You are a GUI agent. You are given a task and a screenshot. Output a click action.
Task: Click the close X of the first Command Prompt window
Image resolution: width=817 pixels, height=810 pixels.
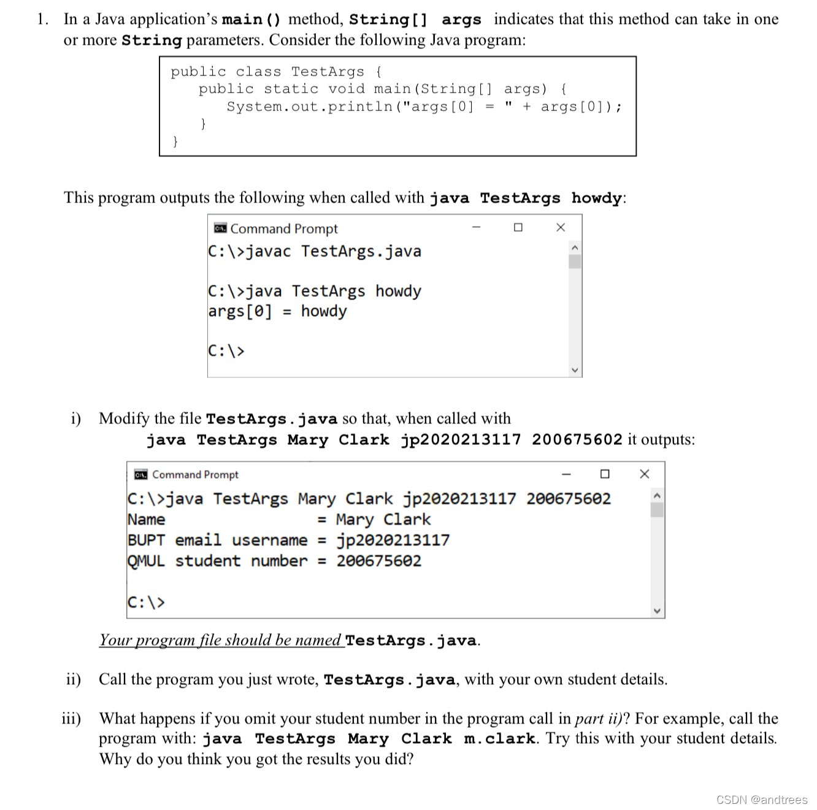tap(560, 228)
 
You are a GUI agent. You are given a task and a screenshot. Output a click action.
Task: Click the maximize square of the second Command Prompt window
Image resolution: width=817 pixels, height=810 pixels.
tap(605, 474)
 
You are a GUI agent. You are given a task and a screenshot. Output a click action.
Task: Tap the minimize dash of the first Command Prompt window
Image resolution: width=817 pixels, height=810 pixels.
tap(476, 228)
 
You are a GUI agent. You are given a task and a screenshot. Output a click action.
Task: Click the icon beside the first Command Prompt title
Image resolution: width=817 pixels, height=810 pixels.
tap(220, 228)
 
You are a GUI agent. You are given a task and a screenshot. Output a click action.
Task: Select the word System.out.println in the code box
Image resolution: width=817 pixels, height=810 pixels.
tap(309, 107)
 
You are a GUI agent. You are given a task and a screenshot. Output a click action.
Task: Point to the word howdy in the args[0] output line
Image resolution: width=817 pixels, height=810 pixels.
tap(324, 311)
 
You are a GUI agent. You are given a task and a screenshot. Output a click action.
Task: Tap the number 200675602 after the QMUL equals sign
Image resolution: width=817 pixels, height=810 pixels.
tap(378, 561)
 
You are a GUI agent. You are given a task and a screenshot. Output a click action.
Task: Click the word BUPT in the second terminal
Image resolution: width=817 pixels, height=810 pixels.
tap(146, 541)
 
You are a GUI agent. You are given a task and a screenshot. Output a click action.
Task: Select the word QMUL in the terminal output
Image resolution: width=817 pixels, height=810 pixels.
tap(146, 561)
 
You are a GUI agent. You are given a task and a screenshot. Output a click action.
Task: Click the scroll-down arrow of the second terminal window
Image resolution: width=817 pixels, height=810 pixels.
tap(657, 611)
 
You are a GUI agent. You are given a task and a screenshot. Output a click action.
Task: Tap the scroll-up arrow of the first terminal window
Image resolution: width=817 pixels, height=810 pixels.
tap(575, 247)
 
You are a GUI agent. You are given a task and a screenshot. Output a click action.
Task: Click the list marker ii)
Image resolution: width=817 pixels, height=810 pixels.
tap(74, 679)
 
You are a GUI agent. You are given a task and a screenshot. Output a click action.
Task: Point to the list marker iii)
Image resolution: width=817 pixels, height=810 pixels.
tap(71, 719)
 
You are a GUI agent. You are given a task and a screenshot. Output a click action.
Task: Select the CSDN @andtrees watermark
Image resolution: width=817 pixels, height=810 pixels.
tap(762, 800)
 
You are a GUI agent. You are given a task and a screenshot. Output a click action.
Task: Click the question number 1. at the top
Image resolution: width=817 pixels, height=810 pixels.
tap(42, 20)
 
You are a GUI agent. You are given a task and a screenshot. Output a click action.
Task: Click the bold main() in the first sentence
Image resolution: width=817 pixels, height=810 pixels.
tap(251, 20)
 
